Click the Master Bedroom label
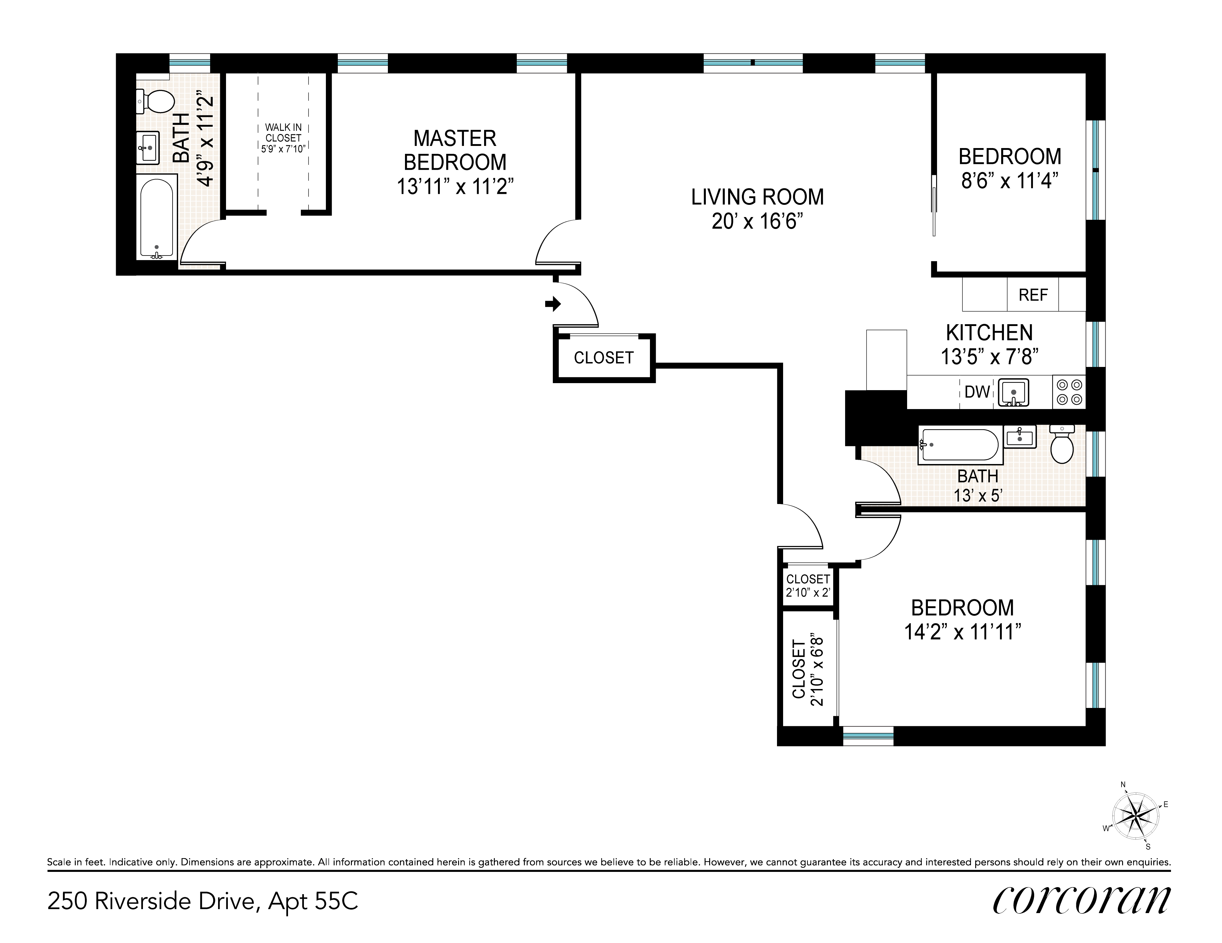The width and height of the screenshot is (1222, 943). coord(455,150)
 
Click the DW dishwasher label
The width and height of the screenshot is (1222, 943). coord(977,392)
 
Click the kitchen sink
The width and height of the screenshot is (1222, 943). coord(1013,392)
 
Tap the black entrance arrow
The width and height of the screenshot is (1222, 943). coord(553,304)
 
